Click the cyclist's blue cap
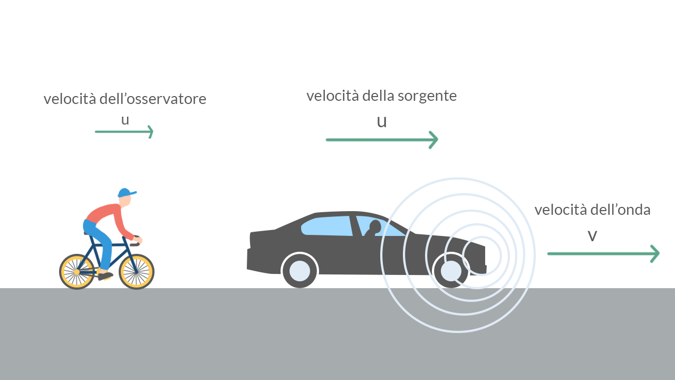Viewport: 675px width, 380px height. (x=125, y=192)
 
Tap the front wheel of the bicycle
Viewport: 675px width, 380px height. (x=136, y=272)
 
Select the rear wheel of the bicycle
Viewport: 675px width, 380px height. (x=77, y=272)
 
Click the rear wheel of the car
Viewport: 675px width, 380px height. (x=300, y=270)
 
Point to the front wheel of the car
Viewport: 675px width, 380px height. (x=451, y=271)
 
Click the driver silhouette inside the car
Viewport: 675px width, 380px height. (x=374, y=228)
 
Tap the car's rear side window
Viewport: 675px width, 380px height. (x=327, y=225)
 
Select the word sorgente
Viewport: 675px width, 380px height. (x=427, y=96)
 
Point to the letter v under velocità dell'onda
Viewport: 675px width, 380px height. (x=592, y=235)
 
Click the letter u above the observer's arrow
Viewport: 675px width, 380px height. (x=125, y=120)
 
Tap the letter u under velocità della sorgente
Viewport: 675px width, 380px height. (x=382, y=121)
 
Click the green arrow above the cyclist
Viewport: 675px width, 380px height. (x=124, y=131)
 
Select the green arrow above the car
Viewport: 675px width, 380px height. (x=382, y=140)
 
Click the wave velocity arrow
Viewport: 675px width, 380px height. (x=603, y=254)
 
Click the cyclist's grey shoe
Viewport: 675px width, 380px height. (x=105, y=275)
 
